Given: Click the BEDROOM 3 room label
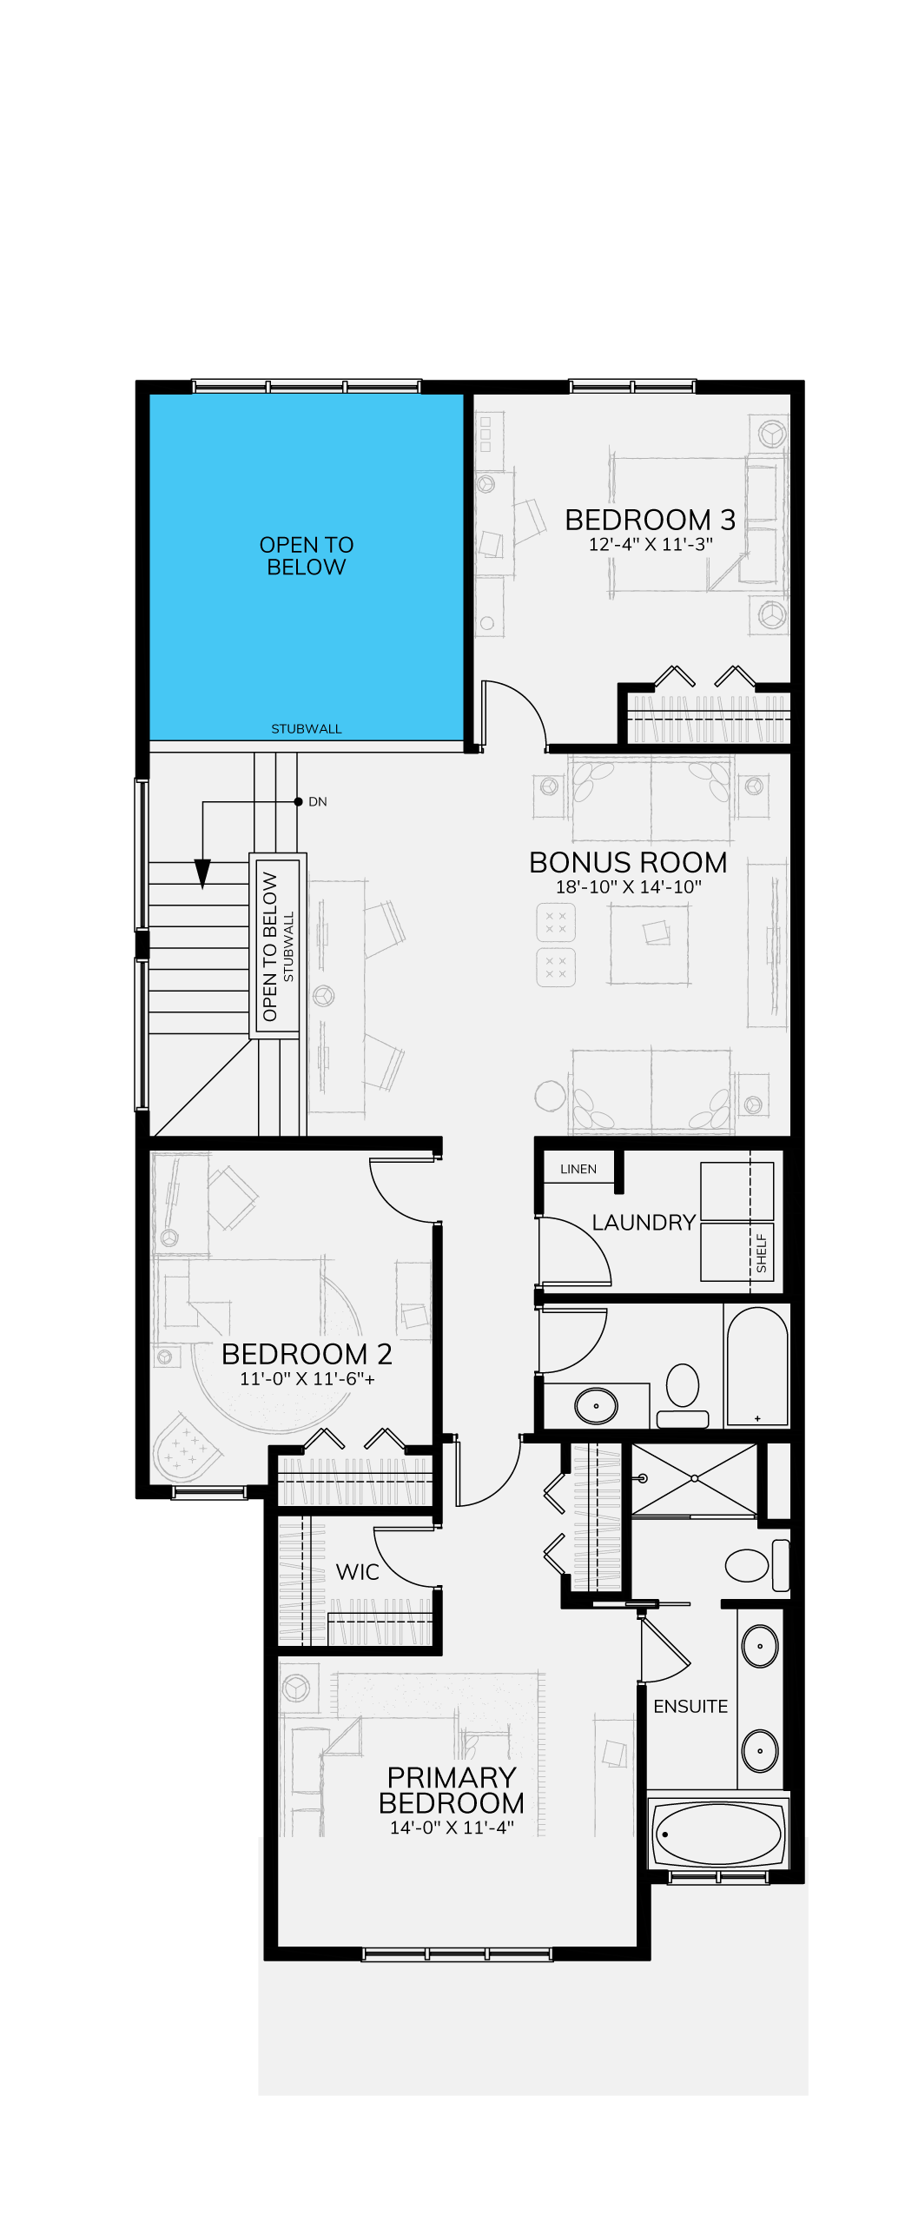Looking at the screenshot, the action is pos(650,520).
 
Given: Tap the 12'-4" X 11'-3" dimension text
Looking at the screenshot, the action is pos(651,545).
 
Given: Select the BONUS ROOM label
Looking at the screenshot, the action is pos(628,862).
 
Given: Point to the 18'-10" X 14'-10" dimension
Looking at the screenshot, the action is pos(628,887).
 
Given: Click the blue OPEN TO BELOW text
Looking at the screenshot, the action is pos(307,556).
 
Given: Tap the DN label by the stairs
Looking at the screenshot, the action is pos(318,801).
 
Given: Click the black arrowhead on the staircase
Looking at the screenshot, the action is pos(202,873).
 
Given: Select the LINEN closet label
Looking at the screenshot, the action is pos(578,1169).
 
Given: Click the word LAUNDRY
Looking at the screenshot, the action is pos(644,1223).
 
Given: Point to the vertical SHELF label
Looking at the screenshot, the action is pos(762,1253).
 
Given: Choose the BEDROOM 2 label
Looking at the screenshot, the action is pos(307,1354).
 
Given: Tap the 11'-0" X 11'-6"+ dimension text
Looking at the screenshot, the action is pos(307,1379).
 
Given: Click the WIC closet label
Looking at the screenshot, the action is pos(358,1572).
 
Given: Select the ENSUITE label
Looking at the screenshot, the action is pos(690,1707).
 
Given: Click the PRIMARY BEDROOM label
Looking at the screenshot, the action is pos(452,1790).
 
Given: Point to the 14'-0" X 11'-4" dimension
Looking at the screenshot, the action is pos(452,1828).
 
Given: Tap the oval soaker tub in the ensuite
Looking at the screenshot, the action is pos(717,1834).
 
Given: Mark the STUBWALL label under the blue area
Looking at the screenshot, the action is pos(307,729).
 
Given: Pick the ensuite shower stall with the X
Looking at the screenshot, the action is pos(694,1479).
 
